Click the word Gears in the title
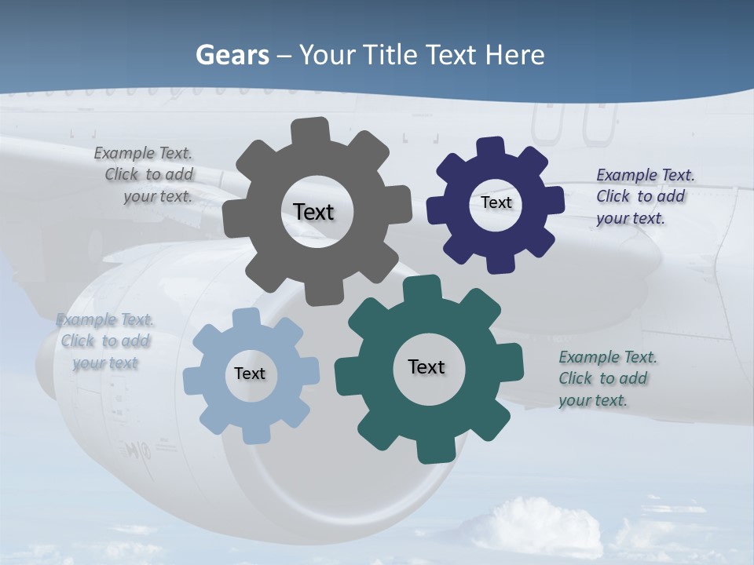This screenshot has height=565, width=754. point(232,55)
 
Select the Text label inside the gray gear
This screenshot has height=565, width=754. point(313,212)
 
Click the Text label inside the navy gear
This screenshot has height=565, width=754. point(496,202)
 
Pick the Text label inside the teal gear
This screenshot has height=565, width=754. point(426,366)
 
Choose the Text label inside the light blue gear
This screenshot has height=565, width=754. point(250,374)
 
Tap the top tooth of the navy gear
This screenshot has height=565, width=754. point(490,148)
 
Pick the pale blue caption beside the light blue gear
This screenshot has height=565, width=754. point(105,341)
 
